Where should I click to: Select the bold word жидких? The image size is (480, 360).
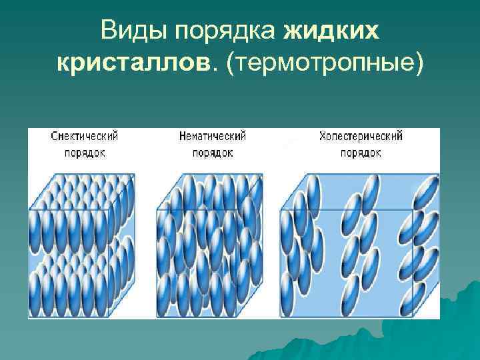pyautogui.click(x=331, y=31)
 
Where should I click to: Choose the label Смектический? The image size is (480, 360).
pyautogui.click(x=85, y=136)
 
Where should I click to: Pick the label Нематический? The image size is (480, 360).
pyautogui.click(x=213, y=136)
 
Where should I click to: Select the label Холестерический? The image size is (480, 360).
pyautogui.click(x=361, y=136)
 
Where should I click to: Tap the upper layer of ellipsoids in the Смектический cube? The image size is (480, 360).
pyautogui.click(x=80, y=207)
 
